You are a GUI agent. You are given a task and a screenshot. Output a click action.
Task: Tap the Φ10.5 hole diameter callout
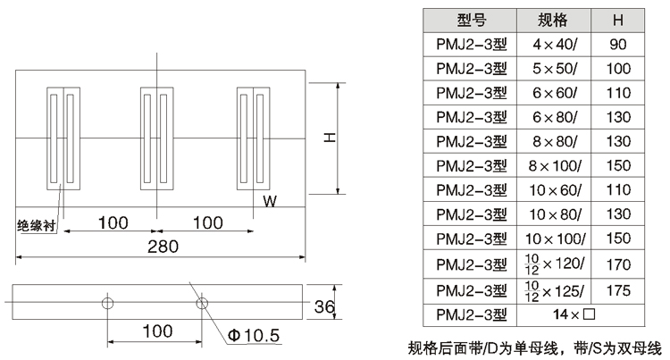(255, 335)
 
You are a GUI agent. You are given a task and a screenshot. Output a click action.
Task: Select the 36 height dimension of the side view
(325, 307)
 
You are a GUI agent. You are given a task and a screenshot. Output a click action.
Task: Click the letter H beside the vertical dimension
(329, 138)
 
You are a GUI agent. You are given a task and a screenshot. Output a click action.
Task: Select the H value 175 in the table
(618, 289)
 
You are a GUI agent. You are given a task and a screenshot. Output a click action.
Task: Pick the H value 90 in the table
(618, 44)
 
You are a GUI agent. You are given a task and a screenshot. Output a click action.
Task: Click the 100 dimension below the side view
(156, 331)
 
